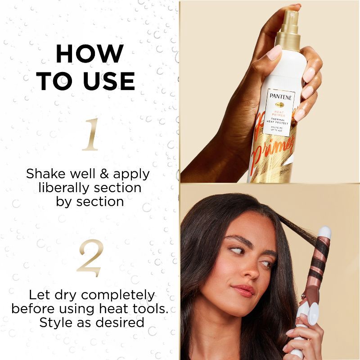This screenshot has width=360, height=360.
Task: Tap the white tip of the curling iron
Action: (324, 232)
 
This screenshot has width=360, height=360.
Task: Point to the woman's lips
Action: (243, 290)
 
